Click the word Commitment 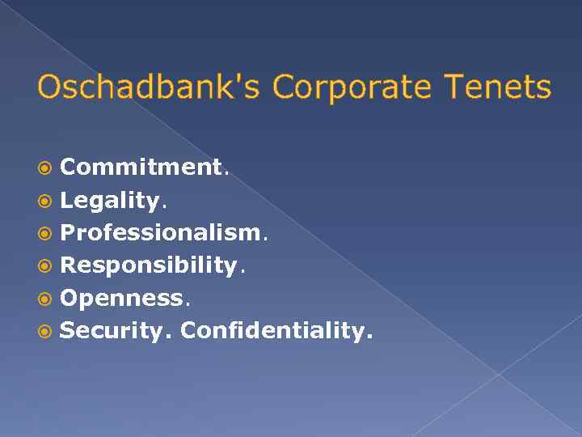coord(141,168)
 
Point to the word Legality coord(111,200)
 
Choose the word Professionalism coord(161,232)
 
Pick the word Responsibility coord(150,265)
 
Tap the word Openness coord(122,297)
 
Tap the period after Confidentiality coord(370,336)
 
